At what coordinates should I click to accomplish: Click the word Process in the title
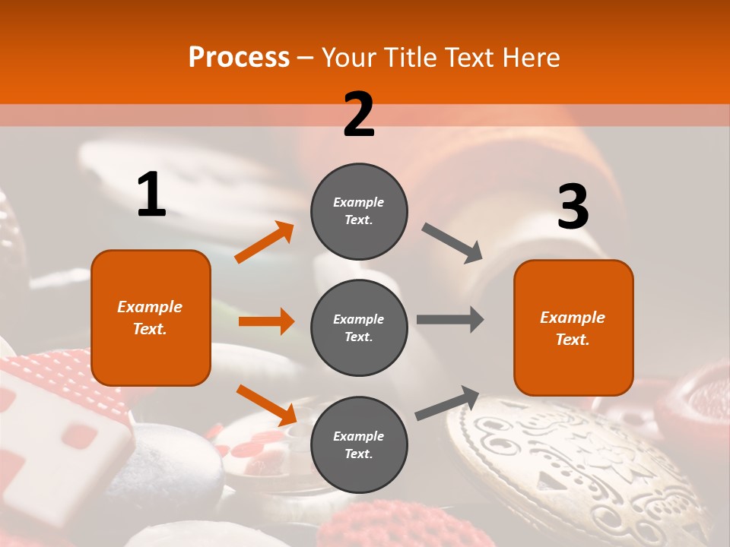pos(239,57)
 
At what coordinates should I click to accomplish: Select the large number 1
pos(151,195)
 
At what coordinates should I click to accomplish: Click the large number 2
pos(359,115)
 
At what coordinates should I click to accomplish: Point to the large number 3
pos(573,207)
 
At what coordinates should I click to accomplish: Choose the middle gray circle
pos(359,327)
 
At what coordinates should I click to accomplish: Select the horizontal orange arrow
pos(266,321)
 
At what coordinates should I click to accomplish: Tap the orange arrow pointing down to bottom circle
pos(265,405)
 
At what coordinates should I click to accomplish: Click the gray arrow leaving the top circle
pos(452,243)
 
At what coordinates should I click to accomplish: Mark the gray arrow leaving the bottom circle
pos(447,403)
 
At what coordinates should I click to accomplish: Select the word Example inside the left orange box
pos(150,307)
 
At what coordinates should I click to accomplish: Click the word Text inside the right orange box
pos(572,340)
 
